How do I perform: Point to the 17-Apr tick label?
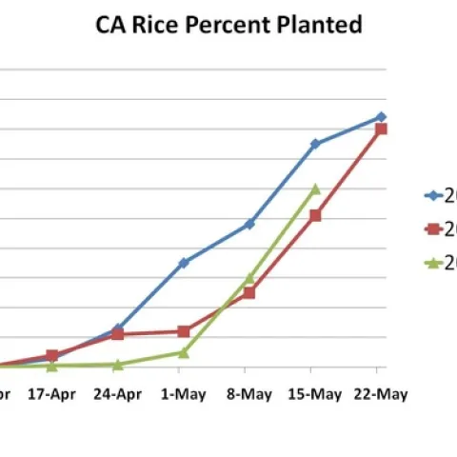tap(51, 394)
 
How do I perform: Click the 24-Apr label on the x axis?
tap(117, 394)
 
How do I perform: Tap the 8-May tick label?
tap(248, 394)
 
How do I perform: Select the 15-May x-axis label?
tap(314, 394)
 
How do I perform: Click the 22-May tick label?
tap(380, 394)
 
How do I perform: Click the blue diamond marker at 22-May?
tap(381, 116)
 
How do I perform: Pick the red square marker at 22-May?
tap(381, 129)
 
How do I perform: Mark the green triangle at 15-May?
tap(315, 189)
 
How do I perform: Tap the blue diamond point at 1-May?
tap(183, 262)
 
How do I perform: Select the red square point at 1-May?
tap(183, 331)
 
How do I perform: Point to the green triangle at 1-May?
tap(183, 352)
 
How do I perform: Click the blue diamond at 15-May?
tap(315, 144)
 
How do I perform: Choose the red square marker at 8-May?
tap(248, 292)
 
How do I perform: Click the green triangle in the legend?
tap(432, 263)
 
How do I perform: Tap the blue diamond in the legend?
tap(432, 195)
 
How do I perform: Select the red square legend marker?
tap(432, 228)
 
